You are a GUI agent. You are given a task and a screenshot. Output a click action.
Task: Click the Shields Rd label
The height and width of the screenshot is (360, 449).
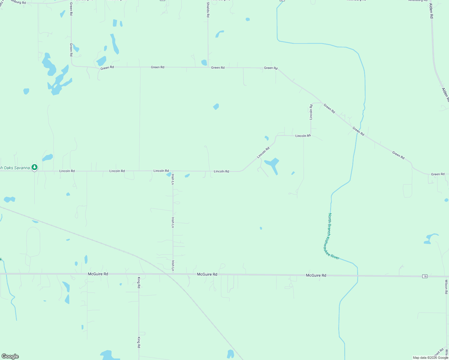[208, 10]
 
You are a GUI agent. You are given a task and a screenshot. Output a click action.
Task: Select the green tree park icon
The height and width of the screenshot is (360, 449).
[35, 167]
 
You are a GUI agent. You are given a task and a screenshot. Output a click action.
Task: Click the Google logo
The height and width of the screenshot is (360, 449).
[10, 356]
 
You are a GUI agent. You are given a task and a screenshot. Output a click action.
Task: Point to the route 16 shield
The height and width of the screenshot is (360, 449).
[425, 276]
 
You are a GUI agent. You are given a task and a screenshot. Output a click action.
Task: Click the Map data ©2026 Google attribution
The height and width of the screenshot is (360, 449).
[430, 358]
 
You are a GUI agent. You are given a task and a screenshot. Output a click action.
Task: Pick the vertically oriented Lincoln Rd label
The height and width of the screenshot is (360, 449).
[311, 112]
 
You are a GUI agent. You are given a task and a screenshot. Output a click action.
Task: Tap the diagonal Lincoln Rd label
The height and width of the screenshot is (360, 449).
[263, 153]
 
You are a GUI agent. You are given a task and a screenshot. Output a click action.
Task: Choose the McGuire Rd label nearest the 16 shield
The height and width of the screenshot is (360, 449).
[316, 275]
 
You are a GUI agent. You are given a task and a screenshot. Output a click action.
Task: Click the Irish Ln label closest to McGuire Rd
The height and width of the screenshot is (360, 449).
[173, 265]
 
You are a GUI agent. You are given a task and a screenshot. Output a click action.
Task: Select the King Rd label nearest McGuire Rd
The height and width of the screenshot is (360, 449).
[139, 283]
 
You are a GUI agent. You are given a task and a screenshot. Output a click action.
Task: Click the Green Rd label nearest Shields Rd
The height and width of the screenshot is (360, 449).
[218, 68]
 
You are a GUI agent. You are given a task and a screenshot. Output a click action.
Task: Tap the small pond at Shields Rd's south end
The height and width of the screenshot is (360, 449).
[204, 62]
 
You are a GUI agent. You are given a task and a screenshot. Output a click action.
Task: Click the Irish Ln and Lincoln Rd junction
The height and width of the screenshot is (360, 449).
[173, 171]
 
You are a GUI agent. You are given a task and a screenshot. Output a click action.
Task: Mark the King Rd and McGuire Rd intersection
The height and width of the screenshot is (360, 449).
[139, 274]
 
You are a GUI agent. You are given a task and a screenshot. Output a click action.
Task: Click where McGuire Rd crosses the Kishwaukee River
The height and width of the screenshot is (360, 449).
[357, 275]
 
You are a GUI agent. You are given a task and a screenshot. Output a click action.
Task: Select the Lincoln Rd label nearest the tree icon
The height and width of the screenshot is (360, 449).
[67, 171]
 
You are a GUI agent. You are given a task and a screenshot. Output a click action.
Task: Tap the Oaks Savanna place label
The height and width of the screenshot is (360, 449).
[15, 168]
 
